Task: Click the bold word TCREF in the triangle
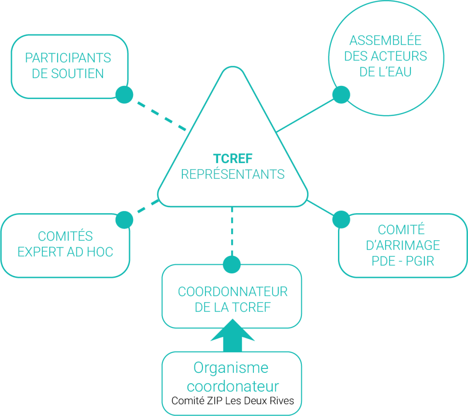tap(233, 159)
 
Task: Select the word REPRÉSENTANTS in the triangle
tap(233, 174)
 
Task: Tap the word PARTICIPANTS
tap(68, 58)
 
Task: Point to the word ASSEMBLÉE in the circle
tap(385, 41)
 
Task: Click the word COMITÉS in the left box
tap(65, 236)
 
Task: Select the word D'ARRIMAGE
tap(403, 246)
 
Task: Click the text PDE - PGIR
tap(403, 261)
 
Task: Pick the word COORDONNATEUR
tap(233, 292)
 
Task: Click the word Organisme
tap(231, 368)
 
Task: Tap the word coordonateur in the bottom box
tap(233, 387)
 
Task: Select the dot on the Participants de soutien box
tap(124, 95)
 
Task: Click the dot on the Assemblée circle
tap(341, 95)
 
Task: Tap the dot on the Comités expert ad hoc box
tap(124, 220)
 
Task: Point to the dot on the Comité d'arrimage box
tap(341, 220)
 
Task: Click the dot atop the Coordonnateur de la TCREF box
tap(232, 264)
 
